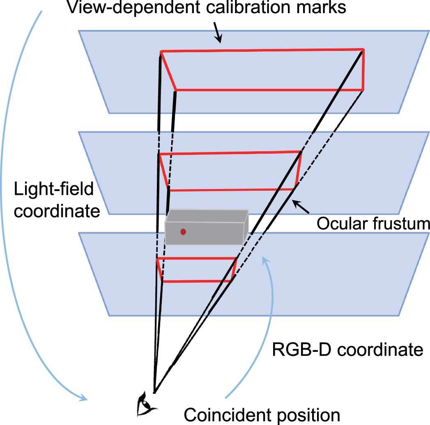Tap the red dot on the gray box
pos(183,232)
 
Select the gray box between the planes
pos(205,228)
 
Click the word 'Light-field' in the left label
pos(54,190)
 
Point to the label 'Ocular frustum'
pos(373,224)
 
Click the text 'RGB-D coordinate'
pos(347,350)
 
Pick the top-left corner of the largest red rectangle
pos(161,51)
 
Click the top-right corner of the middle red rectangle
pos(301,152)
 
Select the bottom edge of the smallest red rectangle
pos(197,281)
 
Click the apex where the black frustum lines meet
pos(154,392)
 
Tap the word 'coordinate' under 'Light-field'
pos(57,212)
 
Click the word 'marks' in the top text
pos(321,8)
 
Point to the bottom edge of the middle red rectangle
pos(232,189)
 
